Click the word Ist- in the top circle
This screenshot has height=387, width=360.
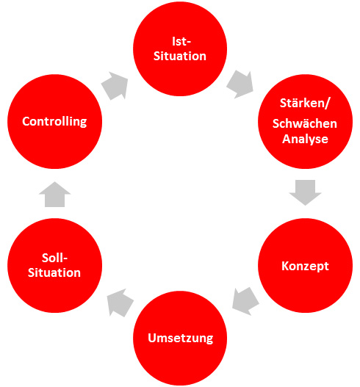click(x=181, y=41)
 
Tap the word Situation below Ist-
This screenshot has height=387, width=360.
click(x=180, y=56)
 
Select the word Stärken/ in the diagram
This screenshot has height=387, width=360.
click(x=305, y=103)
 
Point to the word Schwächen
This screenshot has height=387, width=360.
click(x=305, y=123)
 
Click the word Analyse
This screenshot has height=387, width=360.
click(x=305, y=139)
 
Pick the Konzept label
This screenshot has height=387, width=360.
click(x=305, y=266)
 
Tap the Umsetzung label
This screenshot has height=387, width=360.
click(x=180, y=338)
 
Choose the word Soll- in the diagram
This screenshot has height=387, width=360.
click(x=54, y=258)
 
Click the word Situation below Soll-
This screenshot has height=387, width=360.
click(x=54, y=272)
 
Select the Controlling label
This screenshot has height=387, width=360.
click(x=54, y=121)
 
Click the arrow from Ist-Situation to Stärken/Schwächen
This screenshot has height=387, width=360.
click(x=240, y=84)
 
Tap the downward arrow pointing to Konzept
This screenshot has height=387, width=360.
click(x=305, y=192)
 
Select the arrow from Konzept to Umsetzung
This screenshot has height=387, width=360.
click(x=245, y=301)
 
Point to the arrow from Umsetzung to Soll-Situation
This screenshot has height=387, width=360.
click(x=120, y=303)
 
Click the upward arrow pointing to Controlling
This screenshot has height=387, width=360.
click(x=54, y=195)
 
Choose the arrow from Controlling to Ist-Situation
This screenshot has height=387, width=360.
click(x=115, y=86)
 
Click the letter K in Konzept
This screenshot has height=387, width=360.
click(x=285, y=266)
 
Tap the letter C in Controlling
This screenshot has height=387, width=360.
click(x=26, y=121)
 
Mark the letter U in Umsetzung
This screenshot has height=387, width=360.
click(x=152, y=338)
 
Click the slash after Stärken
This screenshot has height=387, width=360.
click(x=327, y=103)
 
